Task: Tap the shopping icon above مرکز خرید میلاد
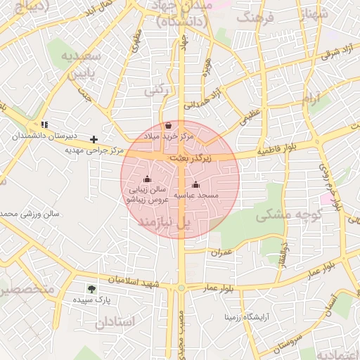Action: [168, 126]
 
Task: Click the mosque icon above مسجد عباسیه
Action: [195, 185]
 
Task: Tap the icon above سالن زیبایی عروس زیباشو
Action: [146, 179]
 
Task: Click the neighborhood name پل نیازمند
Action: [163, 222]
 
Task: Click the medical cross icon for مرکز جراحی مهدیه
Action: [94, 140]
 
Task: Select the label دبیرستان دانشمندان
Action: [49, 134]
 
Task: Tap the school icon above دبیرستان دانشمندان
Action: [45, 124]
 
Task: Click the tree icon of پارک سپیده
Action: [91, 288]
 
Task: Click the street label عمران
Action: [221, 250]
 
